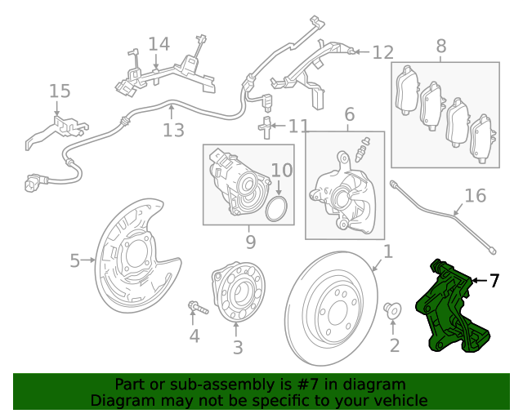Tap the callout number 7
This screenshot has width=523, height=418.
point(494,281)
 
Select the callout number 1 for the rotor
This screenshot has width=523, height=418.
point(388,252)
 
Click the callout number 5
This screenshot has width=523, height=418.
point(74,261)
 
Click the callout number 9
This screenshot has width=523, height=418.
point(250,242)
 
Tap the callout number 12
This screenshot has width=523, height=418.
point(382,53)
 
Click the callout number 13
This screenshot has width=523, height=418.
point(173,130)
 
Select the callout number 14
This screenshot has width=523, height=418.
point(159,43)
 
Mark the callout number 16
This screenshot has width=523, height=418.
point(475,196)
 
